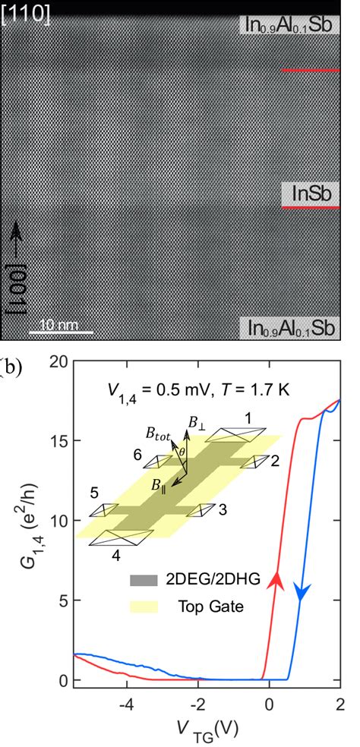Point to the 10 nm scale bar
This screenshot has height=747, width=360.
pyautogui.click(x=61, y=332)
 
